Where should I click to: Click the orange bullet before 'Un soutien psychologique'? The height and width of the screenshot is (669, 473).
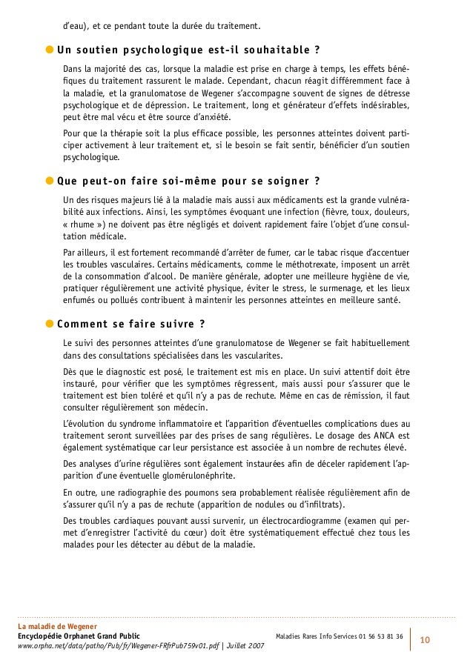point(50,51)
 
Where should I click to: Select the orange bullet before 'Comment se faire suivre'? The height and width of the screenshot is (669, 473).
point(50,324)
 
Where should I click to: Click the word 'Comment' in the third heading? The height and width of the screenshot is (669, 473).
point(82,324)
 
